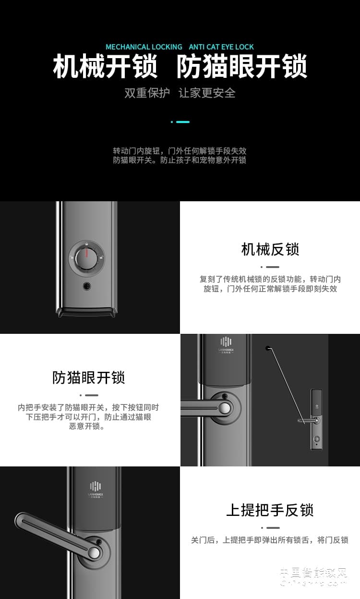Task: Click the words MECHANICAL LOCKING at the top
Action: click(x=144, y=47)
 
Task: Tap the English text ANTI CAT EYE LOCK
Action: click(x=221, y=47)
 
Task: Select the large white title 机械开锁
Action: click(x=105, y=67)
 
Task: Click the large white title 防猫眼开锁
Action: click(x=241, y=67)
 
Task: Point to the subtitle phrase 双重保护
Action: click(x=147, y=93)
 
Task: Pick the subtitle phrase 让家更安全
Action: click(x=207, y=93)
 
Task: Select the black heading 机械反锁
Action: click(x=270, y=249)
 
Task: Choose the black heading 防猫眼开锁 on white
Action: click(x=89, y=378)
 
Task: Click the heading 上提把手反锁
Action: click(x=270, y=510)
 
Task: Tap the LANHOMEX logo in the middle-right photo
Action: click(x=226, y=344)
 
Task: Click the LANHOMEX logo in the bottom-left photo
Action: click(x=96, y=488)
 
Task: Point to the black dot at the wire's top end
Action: click(x=267, y=348)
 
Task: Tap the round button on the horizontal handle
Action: click(x=224, y=408)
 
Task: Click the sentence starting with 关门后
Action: click(x=269, y=540)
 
